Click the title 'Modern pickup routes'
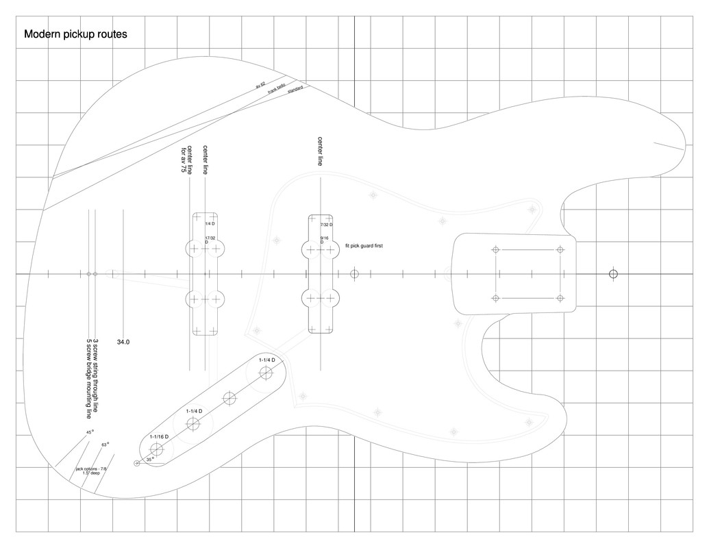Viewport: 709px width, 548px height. pos(75,34)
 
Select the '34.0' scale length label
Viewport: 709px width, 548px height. pos(123,341)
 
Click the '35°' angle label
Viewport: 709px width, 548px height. pos(150,460)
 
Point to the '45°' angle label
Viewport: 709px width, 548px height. pos(90,432)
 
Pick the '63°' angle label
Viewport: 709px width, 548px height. pos(105,445)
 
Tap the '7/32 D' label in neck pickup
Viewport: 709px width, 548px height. pos(326,225)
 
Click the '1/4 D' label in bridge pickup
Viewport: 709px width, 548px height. pos(210,224)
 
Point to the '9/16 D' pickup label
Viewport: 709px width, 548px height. pos(324,240)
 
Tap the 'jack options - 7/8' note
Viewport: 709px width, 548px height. pos(91,469)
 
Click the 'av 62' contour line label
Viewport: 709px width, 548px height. pos(260,85)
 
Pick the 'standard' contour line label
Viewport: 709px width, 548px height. pos(295,90)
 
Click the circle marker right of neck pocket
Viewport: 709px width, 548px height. pos(613,274)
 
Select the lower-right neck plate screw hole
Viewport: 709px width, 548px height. pos(560,298)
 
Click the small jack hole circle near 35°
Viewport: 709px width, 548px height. pos(137,463)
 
